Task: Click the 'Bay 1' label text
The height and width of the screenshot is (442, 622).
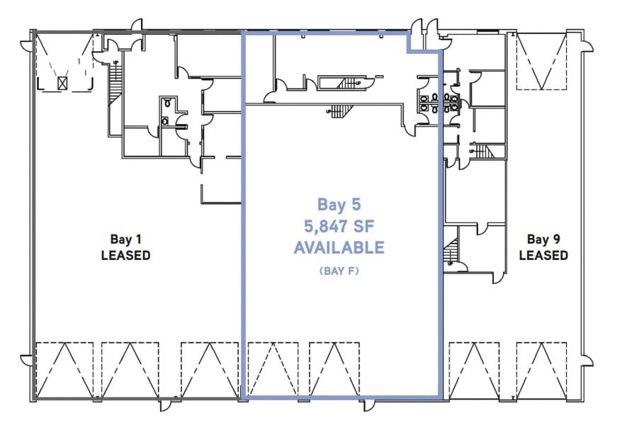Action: pos(125,239)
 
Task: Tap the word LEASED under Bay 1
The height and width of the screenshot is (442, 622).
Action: pos(125,255)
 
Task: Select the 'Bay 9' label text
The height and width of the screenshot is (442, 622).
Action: pos(543,239)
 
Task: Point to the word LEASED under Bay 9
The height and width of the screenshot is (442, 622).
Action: pos(543,255)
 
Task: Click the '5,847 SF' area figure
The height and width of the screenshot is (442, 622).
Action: pos(339,226)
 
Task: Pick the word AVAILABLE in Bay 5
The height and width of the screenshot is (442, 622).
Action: pos(339,247)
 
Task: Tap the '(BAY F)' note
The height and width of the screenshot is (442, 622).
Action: pos(339,271)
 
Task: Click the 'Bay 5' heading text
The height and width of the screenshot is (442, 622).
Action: pos(339,205)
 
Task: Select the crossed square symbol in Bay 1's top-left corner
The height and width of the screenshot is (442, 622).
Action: pos(63,83)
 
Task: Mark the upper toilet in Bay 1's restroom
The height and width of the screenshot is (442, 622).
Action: pos(166,103)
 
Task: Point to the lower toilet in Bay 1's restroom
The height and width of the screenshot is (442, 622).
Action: pos(165,121)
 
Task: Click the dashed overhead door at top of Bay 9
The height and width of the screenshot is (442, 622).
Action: pos(542,62)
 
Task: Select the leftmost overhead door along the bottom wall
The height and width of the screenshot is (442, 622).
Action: pos(64,370)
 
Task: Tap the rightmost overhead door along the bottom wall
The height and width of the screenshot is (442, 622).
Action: pos(543,370)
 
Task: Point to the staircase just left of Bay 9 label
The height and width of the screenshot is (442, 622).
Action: pos(451,251)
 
